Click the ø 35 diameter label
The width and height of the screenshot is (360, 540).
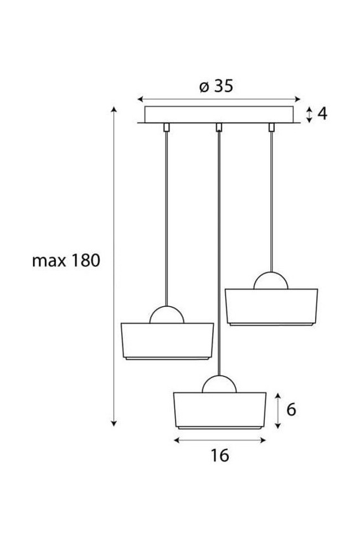point(216,86)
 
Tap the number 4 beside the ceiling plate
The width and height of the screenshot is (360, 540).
point(322,114)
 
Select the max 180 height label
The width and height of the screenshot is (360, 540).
point(66,260)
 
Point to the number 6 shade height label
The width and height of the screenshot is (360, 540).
point(291,409)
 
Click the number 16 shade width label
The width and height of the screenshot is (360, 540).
point(219,455)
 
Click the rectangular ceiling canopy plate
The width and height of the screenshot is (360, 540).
point(219,114)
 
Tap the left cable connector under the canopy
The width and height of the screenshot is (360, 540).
point(166,127)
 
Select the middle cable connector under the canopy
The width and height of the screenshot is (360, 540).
point(219,127)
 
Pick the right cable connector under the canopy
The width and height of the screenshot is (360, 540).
point(271,127)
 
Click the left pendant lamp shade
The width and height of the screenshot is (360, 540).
point(167,341)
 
